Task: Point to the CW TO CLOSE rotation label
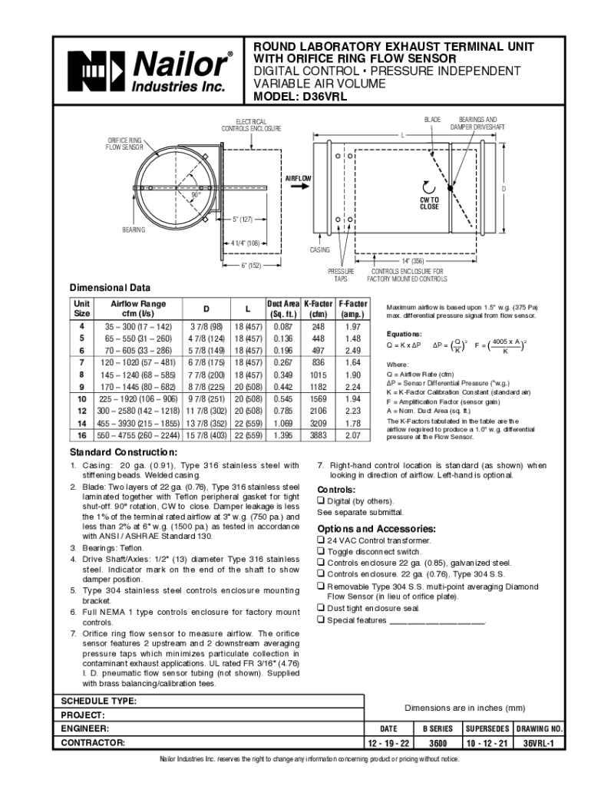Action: tap(429, 203)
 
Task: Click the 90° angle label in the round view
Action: tap(197, 195)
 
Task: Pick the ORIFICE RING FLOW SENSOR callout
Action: tap(124, 143)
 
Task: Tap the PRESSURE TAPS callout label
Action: tap(341, 275)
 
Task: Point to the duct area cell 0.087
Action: tap(282, 327)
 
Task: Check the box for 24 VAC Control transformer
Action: tap(321, 540)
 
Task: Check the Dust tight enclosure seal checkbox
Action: tap(321, 608)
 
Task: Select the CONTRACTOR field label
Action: tap(94, 743)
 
